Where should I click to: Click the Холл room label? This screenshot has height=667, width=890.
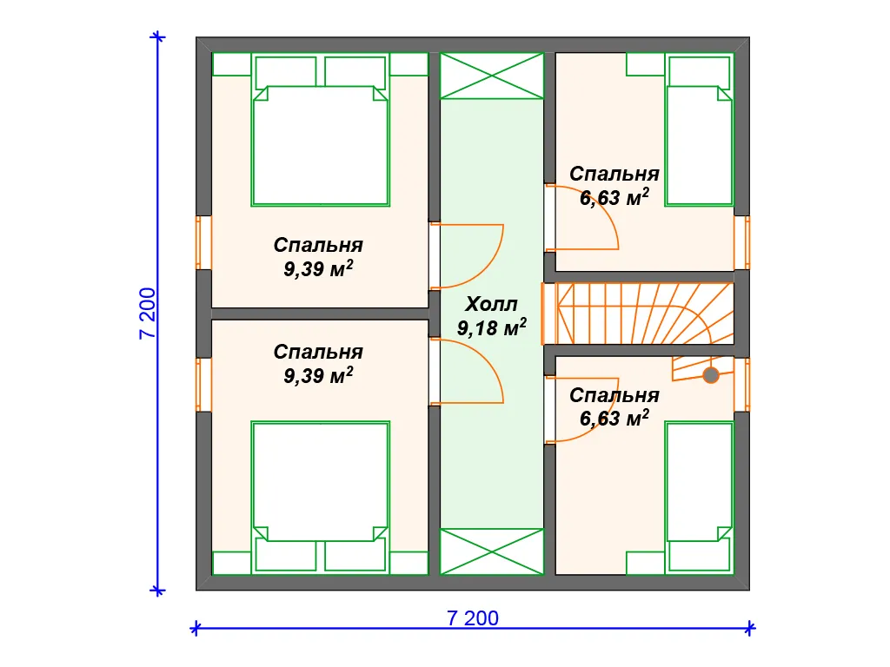491,305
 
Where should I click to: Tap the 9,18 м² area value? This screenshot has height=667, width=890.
492,327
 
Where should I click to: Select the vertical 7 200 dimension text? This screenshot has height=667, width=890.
147,314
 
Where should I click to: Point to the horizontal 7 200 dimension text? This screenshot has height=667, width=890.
473,617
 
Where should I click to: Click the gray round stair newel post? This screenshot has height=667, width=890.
711,375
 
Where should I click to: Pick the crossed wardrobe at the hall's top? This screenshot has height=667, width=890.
492,76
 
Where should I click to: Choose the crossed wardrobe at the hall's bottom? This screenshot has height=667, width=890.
492,551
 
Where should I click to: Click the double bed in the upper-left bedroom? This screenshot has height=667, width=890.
320,130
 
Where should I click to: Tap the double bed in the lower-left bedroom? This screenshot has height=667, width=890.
320,497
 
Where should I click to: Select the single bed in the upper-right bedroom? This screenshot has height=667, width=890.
700,130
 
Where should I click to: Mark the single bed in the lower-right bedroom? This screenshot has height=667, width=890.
700,497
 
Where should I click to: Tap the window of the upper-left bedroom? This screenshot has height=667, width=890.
203,243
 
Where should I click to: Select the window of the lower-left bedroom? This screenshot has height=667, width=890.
203,385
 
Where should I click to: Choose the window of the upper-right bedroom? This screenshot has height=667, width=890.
742,243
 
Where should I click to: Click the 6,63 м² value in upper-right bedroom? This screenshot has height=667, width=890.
614,197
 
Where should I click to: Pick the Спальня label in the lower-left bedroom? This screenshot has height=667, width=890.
318,353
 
